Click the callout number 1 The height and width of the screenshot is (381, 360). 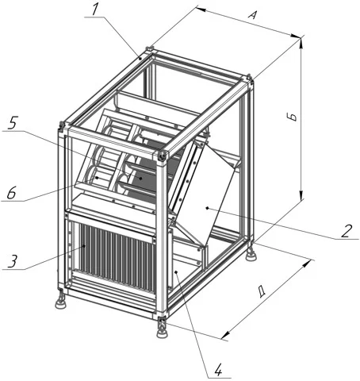[x=94, y=10]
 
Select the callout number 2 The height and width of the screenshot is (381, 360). [x=347, y=231]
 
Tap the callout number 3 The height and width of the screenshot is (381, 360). [x=13, y=261]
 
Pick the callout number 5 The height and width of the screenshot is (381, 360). [x=13, y=123]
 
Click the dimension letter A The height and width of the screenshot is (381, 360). [x=252, y=14]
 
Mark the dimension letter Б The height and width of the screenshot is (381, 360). [x=293, y=117]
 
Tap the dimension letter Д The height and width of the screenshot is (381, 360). [x=262, y=291]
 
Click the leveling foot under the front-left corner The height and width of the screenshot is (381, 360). [x=60, y=302]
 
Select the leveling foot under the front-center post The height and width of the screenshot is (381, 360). [x=162, y=329]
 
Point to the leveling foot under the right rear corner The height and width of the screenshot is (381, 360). [x=250, y=252]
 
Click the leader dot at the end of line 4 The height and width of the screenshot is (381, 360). [x=176, y=271]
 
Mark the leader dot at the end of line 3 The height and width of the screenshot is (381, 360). [x=84, y=246]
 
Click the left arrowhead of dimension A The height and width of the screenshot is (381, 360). [x=201, y=10]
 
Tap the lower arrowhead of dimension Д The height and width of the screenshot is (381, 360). [x=225, y=335]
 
